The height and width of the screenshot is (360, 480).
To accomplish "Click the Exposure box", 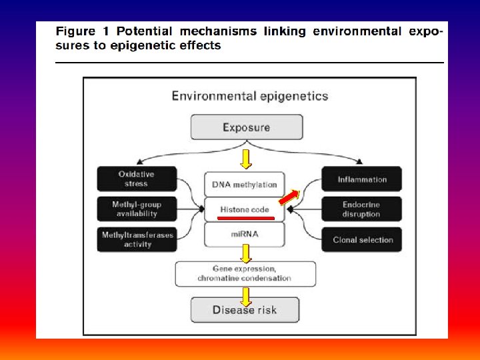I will click(246, 127).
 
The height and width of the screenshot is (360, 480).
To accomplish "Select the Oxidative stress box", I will click(137, 179).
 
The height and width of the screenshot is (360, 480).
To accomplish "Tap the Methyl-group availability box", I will click(137, 209).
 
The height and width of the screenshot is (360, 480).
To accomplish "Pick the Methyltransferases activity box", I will click(137, 239).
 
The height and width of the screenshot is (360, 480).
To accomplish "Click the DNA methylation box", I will click(245, 184).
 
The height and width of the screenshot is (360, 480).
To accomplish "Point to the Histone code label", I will click(245, 209).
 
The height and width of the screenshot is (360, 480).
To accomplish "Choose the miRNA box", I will click(245, 234).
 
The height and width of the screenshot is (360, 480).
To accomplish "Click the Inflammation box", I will click(362, 179).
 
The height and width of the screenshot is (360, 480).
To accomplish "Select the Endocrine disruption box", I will click(362, 209).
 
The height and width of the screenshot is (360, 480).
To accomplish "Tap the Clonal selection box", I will click(362, 239).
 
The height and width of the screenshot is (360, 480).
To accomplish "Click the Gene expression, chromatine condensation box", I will click(245, 273).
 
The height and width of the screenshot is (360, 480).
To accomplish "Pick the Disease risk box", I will click(245, 310).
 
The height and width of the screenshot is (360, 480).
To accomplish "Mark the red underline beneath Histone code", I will click(245, 217).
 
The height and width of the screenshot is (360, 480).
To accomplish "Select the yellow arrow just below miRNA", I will click(246, 253).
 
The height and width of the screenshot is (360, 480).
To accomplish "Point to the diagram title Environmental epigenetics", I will click(250, 95).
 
